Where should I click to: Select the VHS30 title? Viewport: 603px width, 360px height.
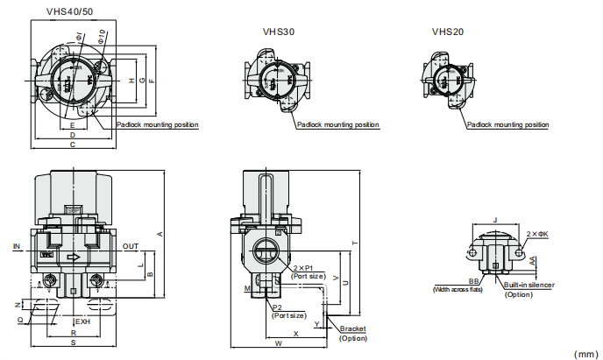tap(278, 32)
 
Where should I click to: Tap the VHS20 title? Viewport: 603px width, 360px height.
tap(447, 32)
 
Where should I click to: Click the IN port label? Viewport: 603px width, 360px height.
tap(17, 246)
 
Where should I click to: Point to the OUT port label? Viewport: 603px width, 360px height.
tap(131, 246)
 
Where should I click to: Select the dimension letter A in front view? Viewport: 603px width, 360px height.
tap(160, 233)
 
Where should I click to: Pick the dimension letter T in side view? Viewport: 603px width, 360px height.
tap(355, 243)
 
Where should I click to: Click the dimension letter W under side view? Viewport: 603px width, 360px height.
tap(278, 344)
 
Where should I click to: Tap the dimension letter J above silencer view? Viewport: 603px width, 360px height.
tap(496, 220)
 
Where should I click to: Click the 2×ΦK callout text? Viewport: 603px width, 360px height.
tap(537, 234)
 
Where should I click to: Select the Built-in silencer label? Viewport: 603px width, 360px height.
tap(529, 285)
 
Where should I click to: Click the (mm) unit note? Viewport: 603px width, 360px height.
tap(585, 354)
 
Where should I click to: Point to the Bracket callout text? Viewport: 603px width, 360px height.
tap(353, 328)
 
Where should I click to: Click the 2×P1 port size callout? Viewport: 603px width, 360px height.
tap(308, 267)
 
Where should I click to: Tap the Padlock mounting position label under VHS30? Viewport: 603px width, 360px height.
tap(337, 125)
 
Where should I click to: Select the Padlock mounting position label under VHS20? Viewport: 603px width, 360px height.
tap(507, 125)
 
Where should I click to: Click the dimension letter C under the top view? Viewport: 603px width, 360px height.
tap(72, 145)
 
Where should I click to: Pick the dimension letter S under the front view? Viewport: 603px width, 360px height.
tap(73, 342)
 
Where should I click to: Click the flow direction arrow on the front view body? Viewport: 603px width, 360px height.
tap(74, 258)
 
